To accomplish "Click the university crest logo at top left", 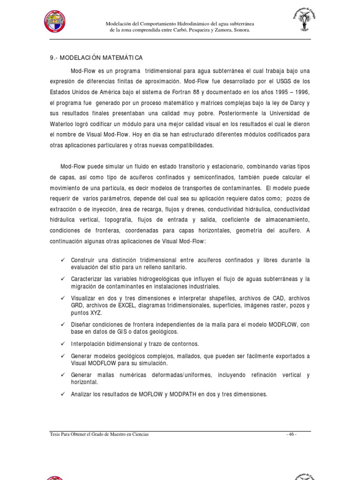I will click(54, 21).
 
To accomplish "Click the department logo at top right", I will click(303, 22).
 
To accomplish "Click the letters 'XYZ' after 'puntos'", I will click(96, 313).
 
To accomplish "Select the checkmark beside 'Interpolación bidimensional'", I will click(62, 344).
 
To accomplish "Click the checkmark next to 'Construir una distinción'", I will click(62, 260).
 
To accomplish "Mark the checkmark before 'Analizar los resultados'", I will click(62, 394).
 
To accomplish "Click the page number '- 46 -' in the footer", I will click(292, 435).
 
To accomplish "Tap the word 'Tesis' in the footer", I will click(55, 435).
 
